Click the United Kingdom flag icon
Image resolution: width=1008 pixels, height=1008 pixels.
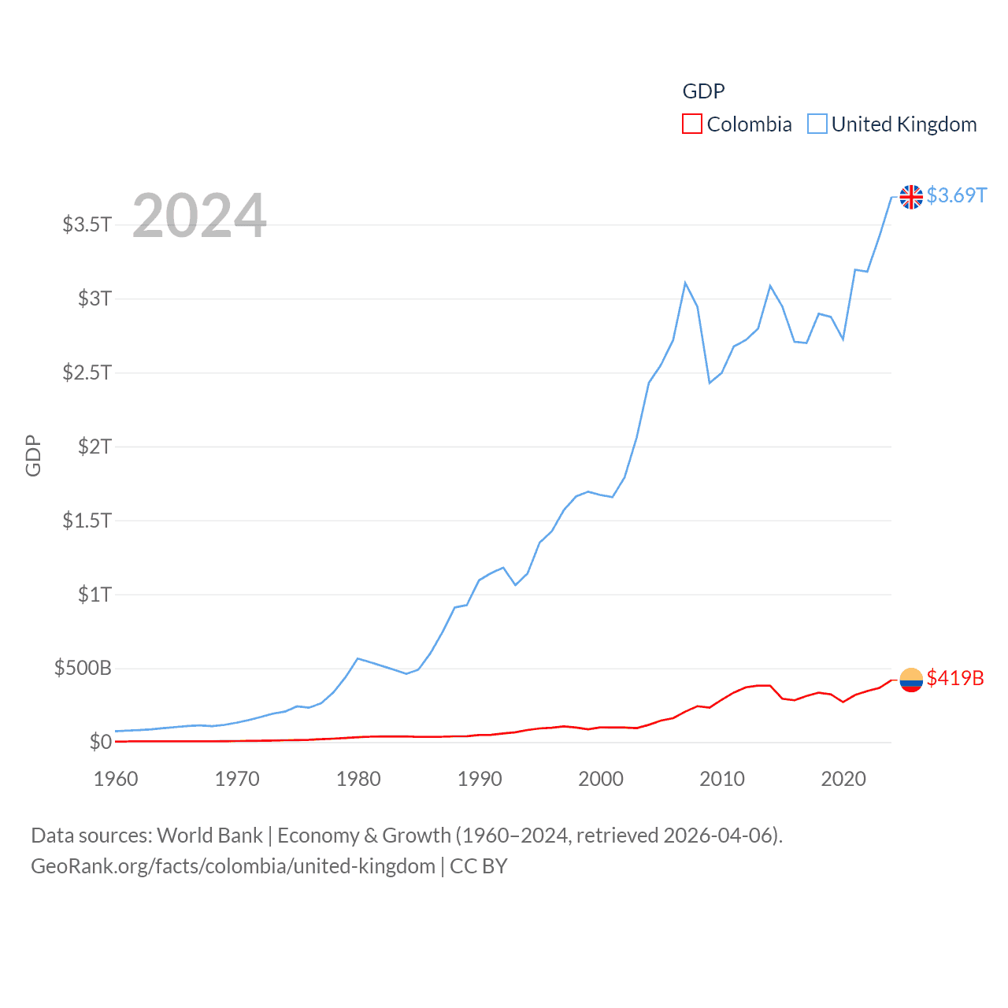(x=911, y=196)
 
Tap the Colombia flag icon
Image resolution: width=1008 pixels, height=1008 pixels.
(x=911, y=679)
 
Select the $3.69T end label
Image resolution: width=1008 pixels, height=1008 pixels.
(x=956, y=195)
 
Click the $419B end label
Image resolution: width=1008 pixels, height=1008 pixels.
(x=954, y=678)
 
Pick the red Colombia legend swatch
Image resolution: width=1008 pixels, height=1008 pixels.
(x=691, y=124)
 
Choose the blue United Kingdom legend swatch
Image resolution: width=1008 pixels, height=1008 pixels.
(x=817, y=124)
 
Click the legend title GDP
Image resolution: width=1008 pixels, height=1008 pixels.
(x=703, y=91)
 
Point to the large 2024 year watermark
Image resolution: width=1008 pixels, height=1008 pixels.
(x=199, y=216)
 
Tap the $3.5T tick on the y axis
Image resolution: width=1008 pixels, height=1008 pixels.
(x=87, y=224)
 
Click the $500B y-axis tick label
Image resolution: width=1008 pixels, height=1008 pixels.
(x=83, y=669)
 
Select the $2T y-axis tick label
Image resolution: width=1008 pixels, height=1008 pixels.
(x=94, y=447)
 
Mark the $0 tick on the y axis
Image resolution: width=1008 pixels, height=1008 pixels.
(x=101, y=742)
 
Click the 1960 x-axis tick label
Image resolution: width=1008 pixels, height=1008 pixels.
(x=116, y=779)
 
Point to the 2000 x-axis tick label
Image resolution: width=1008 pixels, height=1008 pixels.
(x=601, y=779)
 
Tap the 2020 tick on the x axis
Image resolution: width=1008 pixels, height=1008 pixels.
(x=843, y=779)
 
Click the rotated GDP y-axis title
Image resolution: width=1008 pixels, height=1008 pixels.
(x=33, y=455)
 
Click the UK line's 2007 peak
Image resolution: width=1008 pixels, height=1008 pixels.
(x=685, y=283)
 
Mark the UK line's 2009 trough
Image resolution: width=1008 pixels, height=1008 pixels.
(x=710, y=383)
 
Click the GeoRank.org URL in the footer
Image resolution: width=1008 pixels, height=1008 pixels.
(x=233, y=866)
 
